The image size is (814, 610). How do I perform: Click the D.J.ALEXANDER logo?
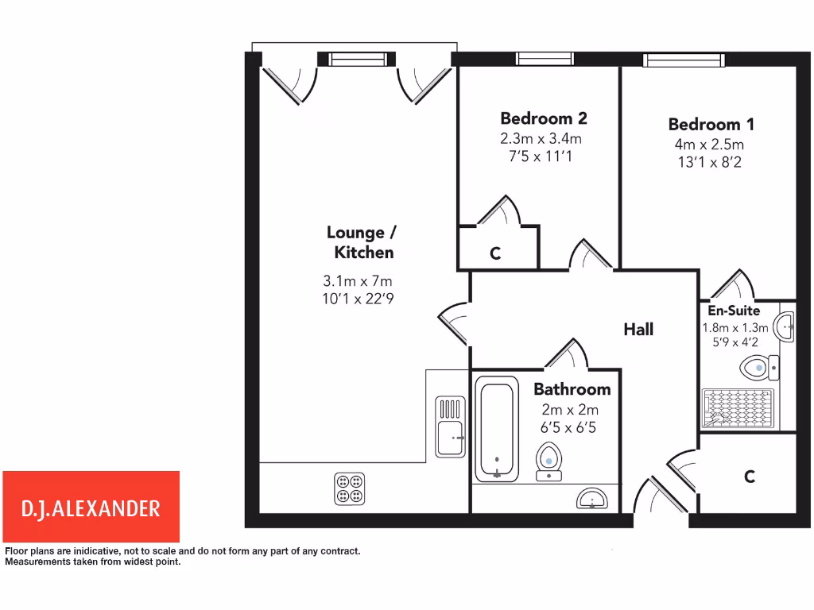(91, 507)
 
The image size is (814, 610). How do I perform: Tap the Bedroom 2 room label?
(544, 118)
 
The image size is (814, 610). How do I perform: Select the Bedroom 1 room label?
(711, 124)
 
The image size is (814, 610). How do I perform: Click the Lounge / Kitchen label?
(361, 242)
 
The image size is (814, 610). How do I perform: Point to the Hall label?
(638, 329)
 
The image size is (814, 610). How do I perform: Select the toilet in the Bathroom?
(548, 461)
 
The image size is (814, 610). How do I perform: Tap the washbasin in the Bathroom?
(592, 498)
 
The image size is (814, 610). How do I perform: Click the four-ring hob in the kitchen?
(349, 488)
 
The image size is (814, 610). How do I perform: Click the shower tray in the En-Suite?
(737, 408)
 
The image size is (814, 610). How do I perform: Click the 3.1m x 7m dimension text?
(358, 280)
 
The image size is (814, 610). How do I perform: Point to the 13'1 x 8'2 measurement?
(708, 162)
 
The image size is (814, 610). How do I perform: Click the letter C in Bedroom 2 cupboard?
(494, 253)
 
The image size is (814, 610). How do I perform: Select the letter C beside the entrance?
(748, 477)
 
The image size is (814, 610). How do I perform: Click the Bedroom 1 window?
(684, 60)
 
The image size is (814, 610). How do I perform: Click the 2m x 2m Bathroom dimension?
(570, 410)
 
